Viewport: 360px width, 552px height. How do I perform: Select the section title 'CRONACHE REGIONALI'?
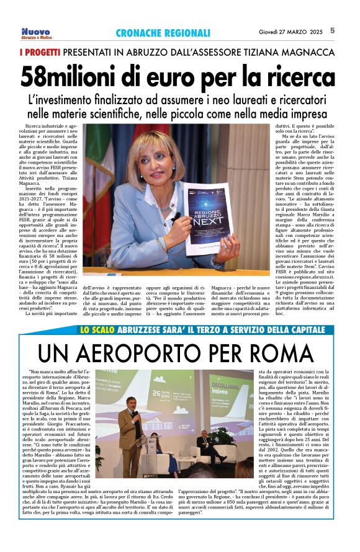163,33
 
